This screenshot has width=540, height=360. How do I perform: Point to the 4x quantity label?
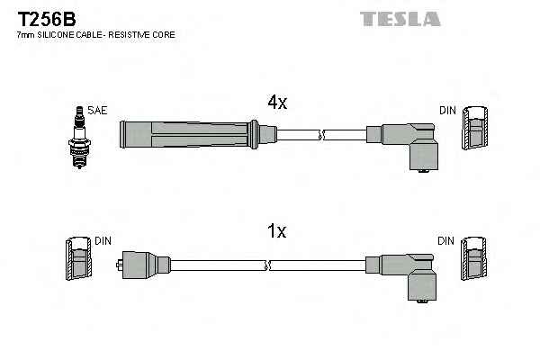(x=276, y=103)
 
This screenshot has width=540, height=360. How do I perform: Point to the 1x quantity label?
(x=276, y=231)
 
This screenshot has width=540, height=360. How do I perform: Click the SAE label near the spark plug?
(x=98, y=111)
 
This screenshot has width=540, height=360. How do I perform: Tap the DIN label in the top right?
(x=447, y=111)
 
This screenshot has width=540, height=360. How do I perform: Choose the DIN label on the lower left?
(x=103, y=241)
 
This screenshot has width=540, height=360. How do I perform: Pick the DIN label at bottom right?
(x=447, y=241)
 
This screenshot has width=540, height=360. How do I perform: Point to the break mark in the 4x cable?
(x=322, y=134)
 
